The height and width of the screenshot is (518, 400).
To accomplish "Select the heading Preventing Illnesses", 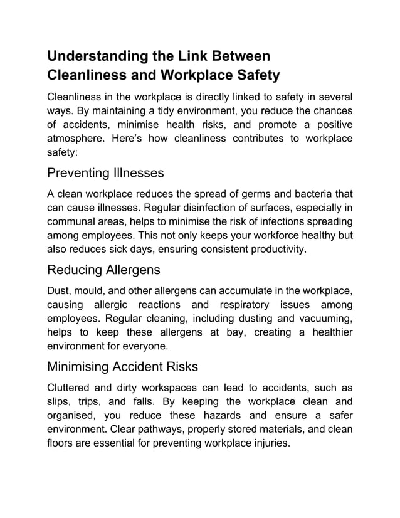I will [105, 172].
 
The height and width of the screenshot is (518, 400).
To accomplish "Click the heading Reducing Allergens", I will [103, 270].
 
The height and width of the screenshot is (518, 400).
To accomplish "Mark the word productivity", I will [278, 250].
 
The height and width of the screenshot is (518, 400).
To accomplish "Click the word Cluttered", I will [71, 389].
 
